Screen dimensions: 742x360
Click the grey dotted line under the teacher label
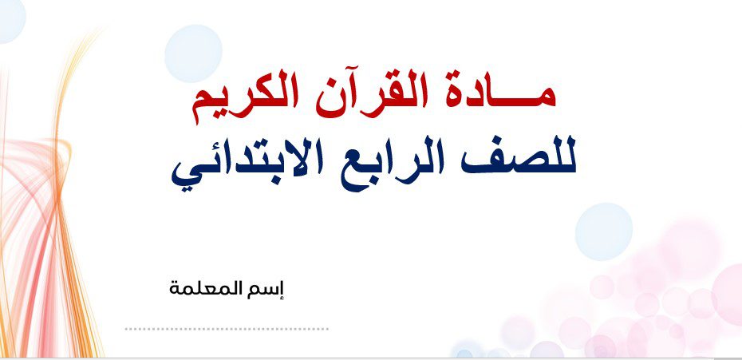coord(227,329)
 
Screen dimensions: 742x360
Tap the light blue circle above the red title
coord(193,53)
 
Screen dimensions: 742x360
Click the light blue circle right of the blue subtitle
coord(604,231)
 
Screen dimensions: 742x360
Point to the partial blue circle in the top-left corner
coord(10,19)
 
